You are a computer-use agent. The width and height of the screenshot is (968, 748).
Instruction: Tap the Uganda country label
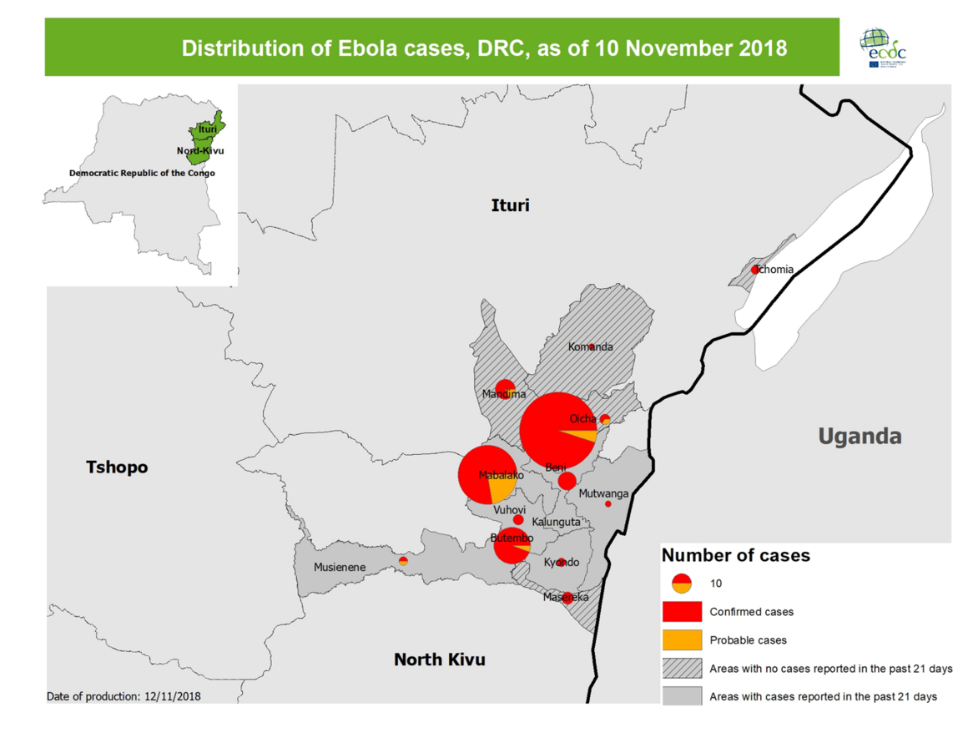pyautogui.click(x=860, y=436)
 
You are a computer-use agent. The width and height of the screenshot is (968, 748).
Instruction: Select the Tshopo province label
pyautogui.click(x=117, y=467)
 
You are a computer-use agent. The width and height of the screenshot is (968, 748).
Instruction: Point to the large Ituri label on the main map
pyautogui.click(x=510, y=205)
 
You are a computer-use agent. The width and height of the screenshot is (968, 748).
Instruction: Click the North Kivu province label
pyautogui.click(x=439, y=660)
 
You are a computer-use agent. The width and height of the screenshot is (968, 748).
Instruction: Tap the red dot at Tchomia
pyautogui.click(x=755, y=270)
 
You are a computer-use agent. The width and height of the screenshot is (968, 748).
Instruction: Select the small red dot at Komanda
pyautogui.click(x=592, y=346)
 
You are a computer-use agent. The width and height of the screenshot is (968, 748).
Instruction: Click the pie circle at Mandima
pyautogui.click(x=505, y=389)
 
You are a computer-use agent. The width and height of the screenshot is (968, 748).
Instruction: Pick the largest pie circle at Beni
pyautogui.click(x=558, y=431)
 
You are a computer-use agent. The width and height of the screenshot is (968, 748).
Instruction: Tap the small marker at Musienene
pyautogui.click(x=403, y=561)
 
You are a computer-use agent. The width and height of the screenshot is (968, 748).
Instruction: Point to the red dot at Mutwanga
pyautogui.click(x=608, y=503)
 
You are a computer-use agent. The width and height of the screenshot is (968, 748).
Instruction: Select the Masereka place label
pyautogui.click(x=565, y=598)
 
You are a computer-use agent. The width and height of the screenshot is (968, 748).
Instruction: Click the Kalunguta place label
pyautogui.click(x=555, y=522)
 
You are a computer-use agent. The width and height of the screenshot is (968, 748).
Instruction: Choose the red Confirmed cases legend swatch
pyautogui.click(x=682, y=611)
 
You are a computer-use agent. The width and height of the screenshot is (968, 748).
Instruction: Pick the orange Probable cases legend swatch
pyautogui.click(x=682, y=639)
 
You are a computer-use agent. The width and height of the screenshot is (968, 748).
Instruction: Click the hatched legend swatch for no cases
pyautogui.click(x=682, y=668)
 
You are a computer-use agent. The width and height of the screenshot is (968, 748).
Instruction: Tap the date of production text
pyautogui.click(x=124, y=695)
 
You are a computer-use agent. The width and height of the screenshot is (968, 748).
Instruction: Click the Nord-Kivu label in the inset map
pyautogui.click(x=200, y=151)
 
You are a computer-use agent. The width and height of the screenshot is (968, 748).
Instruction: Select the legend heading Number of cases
pyautogui.click(x=735, y=555)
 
